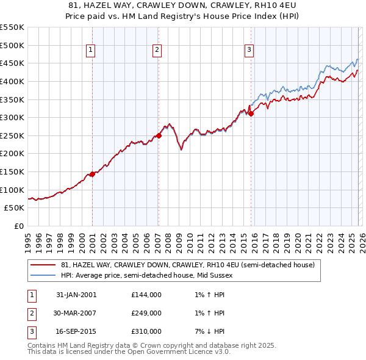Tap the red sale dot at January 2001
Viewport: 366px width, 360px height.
click(93, 174)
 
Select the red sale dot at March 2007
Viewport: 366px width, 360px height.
click(159, 136)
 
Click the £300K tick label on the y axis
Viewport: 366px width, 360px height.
click(12, 117)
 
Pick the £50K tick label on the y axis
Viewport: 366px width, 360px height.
click(14, 208)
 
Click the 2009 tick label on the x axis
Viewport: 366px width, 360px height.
click(179, 240)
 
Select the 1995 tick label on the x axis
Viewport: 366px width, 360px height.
click(29, 240)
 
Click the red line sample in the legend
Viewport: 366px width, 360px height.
click(43, 265)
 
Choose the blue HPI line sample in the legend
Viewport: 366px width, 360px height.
click(43, 275)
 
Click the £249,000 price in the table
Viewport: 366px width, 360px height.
click(146, 313)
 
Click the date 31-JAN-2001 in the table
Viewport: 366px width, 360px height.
click(76, 295)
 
